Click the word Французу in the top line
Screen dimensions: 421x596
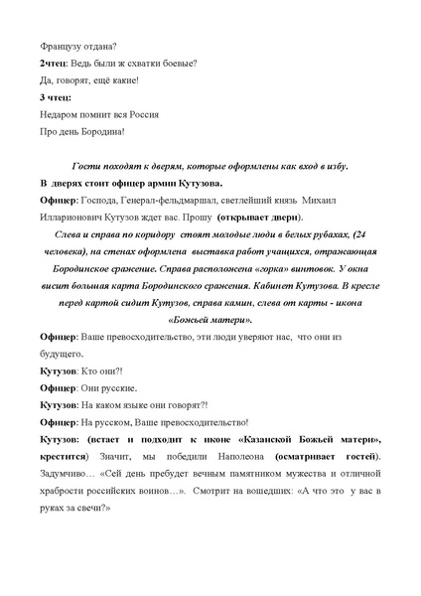click(x=63, y=45)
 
